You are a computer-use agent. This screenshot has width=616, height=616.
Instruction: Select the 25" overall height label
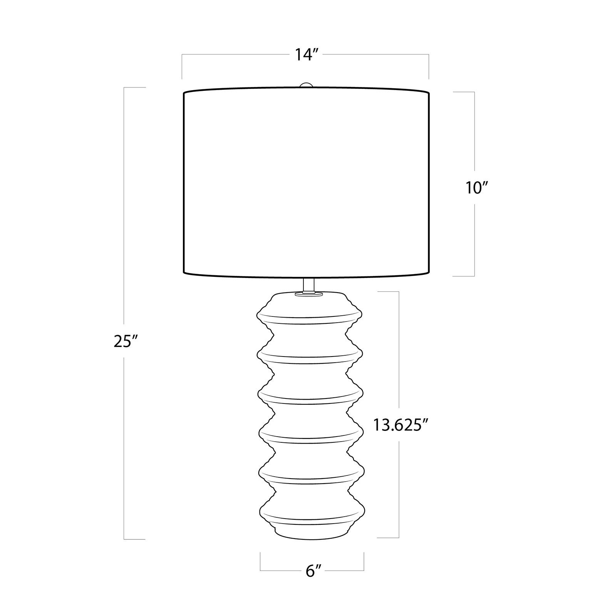click(x=124, y=341)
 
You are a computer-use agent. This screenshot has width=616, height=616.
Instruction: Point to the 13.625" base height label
click(x=400, y=425)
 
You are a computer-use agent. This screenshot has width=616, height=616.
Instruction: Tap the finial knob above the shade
click(x=306, y=85)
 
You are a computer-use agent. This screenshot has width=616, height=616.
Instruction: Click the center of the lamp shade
click(x=306, y=183)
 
